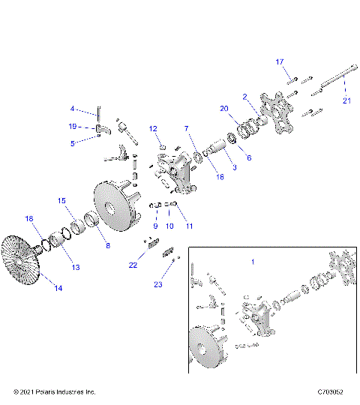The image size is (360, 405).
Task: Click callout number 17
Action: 280,61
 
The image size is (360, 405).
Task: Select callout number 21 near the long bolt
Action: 346,100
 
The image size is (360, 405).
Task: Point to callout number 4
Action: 73,108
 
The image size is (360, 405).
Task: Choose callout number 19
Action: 73,126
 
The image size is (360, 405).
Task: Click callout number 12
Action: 152,127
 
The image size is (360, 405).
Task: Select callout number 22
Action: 133,264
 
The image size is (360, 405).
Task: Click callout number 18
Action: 30,219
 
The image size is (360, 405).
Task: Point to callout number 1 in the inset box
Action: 253,262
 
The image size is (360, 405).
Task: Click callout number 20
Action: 223,109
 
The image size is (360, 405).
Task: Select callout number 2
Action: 244,96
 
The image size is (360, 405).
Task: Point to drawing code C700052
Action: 331,392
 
